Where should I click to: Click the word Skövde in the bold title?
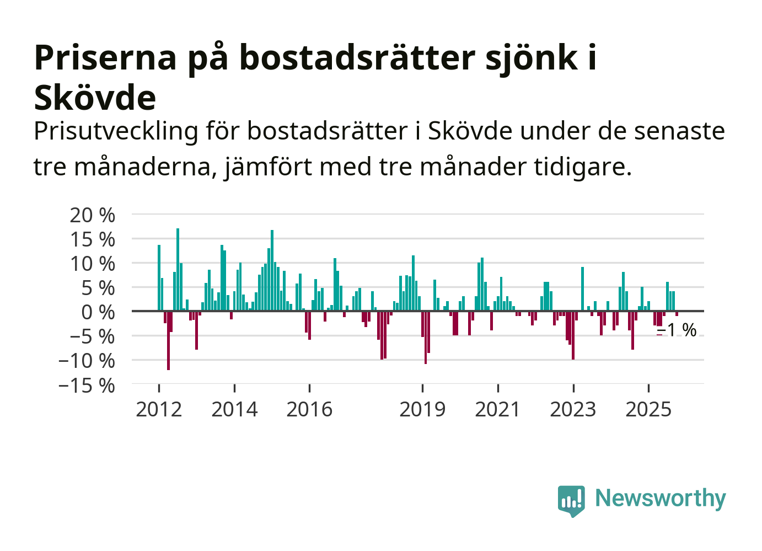coord(95,98)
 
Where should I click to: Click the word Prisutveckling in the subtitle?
coord(116,131)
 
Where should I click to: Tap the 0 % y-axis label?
coord(98,312)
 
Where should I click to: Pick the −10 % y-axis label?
coord(87,361)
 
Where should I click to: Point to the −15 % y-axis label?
coord(87,385)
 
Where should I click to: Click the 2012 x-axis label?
coord(159,409)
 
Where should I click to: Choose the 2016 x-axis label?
coord(309,409)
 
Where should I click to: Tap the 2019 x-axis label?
coord(422,409)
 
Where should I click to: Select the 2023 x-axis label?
coord(573,409)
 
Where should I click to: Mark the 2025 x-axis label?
coord(648,409)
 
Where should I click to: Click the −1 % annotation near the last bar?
coord(678,330)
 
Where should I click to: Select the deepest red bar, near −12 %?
coord(168,340)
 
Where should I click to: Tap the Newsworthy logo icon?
coord(571,500)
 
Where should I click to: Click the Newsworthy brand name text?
coord(661,498)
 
